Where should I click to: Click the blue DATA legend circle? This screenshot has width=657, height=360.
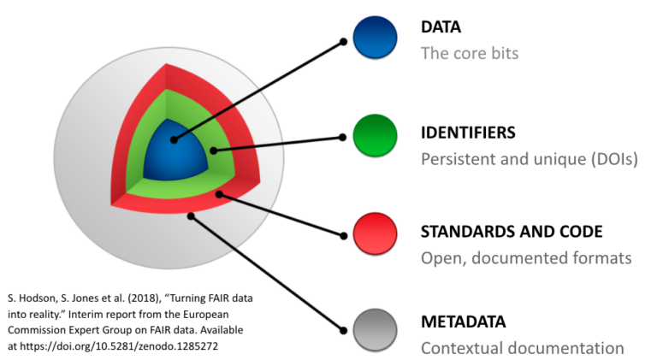pyautogui.click(x=375, y=38)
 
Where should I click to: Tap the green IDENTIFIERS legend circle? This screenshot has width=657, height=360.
pyautogui.click(x=375, y=136)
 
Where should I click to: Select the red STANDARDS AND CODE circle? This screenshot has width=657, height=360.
pyautogui.click(x=375, y=233)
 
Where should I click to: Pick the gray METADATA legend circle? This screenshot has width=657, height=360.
pyautogui.click(x=375, y=330)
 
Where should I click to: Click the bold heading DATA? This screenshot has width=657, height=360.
pyautogui.click(x=441, y=27)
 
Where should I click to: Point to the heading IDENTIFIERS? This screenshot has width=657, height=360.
pyautogui.click(x=468, y=133)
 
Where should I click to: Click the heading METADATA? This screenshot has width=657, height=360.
pyautogui.click(x=463, y=322)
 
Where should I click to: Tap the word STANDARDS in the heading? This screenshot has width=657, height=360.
pyautogui.click(x=465, y=232)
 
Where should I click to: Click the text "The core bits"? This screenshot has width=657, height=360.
pyautogui.click(x=470, y=54)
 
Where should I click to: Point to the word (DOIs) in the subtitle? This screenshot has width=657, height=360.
pyautogui.click(x=614, y=160)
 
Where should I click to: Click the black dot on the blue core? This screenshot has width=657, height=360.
pyautogui.click(x=174, y=140)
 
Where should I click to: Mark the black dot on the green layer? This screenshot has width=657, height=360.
pyautogui.click(x=213, y=150)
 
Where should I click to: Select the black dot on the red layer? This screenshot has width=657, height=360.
pyautogui.click(x=219, y=194)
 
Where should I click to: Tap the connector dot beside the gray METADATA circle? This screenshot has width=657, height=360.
pyautogui.click(x=343, y=331)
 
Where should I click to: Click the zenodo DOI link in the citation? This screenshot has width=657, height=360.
pyautogui.click(x=119, y=346)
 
